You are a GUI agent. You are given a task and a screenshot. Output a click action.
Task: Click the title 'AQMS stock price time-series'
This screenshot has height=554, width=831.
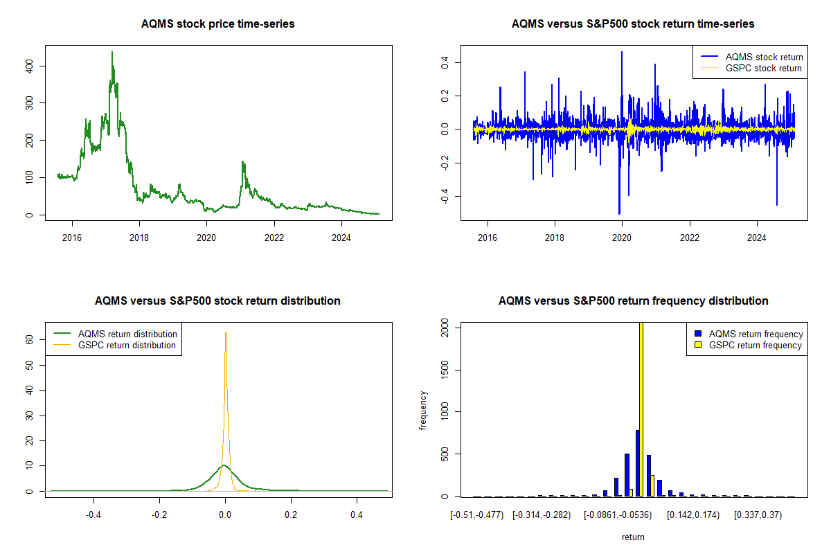[x=218, y=24]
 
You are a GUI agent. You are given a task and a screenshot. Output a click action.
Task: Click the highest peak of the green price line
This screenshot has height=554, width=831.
[x=112, y=52]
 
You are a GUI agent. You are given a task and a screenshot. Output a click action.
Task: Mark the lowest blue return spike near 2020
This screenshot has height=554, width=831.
[x=619, y=213]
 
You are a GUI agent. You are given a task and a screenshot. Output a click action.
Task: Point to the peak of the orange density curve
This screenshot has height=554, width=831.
[x=225, y=333]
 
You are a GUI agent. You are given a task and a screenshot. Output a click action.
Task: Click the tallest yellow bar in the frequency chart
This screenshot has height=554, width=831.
[x=641, y=409]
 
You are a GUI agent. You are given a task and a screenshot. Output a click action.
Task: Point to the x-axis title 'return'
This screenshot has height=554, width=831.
[x=633, y=537]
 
